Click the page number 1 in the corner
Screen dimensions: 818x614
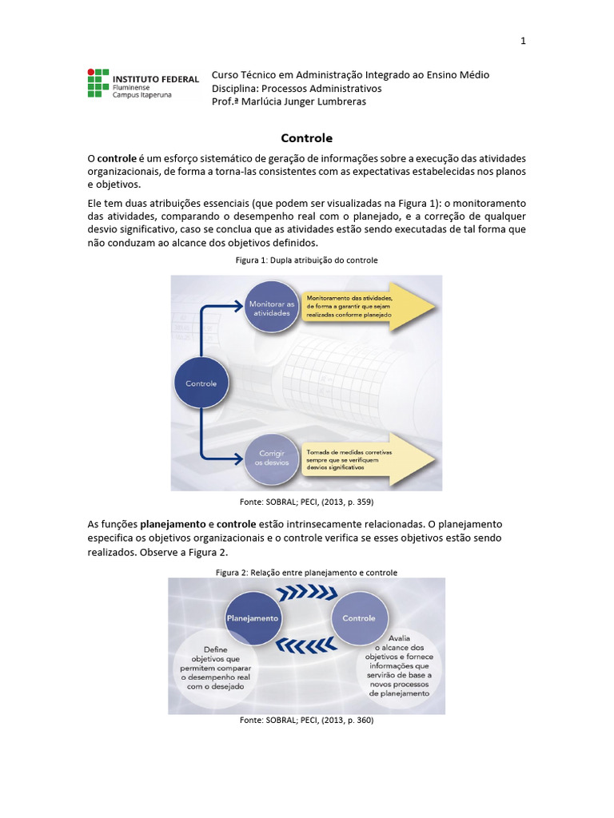pyautogui.click(x=523, y=42)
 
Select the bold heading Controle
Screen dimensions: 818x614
pyautogui.click(x=306, y=138)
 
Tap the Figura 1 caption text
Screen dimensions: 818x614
pyautogui.click(x=307, y=260)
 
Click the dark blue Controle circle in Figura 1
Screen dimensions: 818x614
pyautogui.click(x=201, y=383)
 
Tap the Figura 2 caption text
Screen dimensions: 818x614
pyautogui.click(x=307, y=573)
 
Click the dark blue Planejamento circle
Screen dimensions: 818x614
pyautogui.click(x=253, y=618)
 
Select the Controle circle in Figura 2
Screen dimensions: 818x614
pyautogui.click(x=359, y=618)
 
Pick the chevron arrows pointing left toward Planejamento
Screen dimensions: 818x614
pyautogui.click(x=305, y=643)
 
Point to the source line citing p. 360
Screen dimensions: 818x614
pyautogui.click(x=307, y=720)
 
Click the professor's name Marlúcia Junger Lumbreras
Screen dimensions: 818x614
pyautogui.click(x=299, y=101)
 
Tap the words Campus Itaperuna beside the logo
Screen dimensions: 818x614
pyautogui.click(x=145, y=94)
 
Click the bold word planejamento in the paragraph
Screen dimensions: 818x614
pyautogui.click(x=173, y=524)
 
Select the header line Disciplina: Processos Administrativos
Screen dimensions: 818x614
pyautogui.click(x=297, y=88)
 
